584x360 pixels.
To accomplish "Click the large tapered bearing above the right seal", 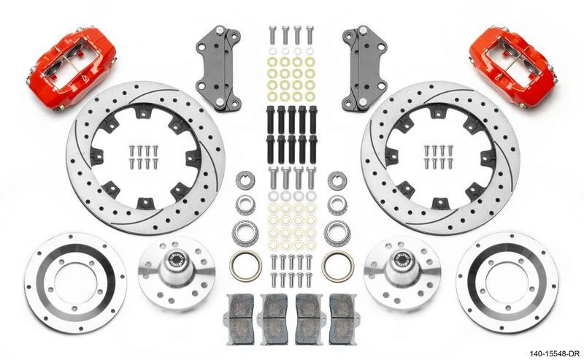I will click(x=337, y=233).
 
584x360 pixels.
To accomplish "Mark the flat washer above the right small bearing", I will click(x=337, y=180).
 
